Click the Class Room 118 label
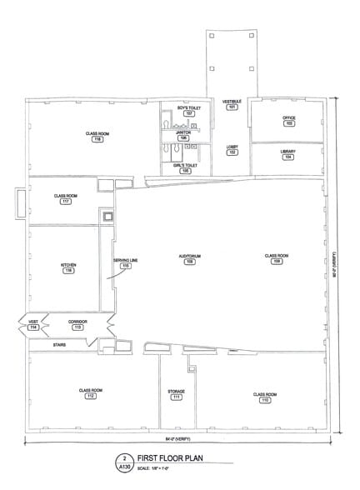pyautogui.click(x=98, y=137)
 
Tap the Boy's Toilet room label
pyautogui.click(x=184, y=111)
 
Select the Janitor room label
pyautogui.click(x=183, y=135)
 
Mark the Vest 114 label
pyautogui.click(x=34, y=326)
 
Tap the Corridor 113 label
pyautogui.click(x=77, y=325)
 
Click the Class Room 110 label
pyautogui.click(x=265, y=397)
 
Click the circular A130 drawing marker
pyautogui.click(x=124, y=462)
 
